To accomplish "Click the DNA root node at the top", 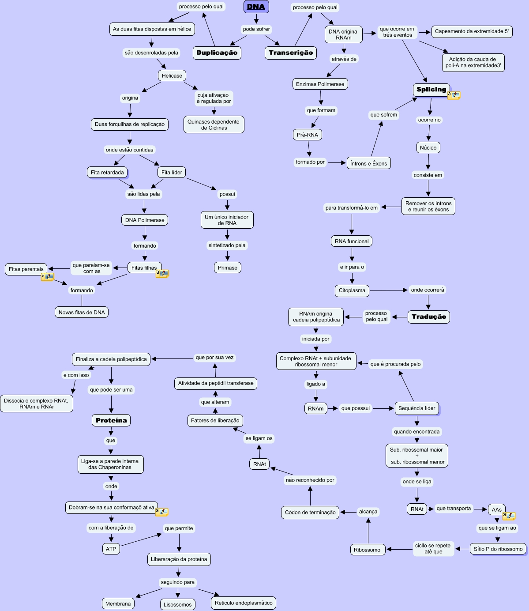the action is [256, 7].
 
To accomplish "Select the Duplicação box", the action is [217, 53].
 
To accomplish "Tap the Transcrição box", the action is [291, 53].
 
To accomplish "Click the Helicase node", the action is [172, 75].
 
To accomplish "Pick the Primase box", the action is [227, 268].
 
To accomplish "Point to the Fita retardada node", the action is [107, 172].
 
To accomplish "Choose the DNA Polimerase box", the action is [145, 220].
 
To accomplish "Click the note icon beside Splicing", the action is [454, 95].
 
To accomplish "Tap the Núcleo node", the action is [428, 147].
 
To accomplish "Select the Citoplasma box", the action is [352, 290].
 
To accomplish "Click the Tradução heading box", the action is [428, 317].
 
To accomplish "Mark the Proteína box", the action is [111, 420].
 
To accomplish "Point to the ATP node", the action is [111, 549].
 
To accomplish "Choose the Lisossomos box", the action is [177, 604].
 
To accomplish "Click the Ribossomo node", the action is [367, 550].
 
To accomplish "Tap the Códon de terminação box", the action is [310, 513].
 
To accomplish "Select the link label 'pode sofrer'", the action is [256, 29].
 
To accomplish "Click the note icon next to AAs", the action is [509, 516].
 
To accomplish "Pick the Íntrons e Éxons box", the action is [368, 163].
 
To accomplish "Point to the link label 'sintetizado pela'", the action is [227, 245].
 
